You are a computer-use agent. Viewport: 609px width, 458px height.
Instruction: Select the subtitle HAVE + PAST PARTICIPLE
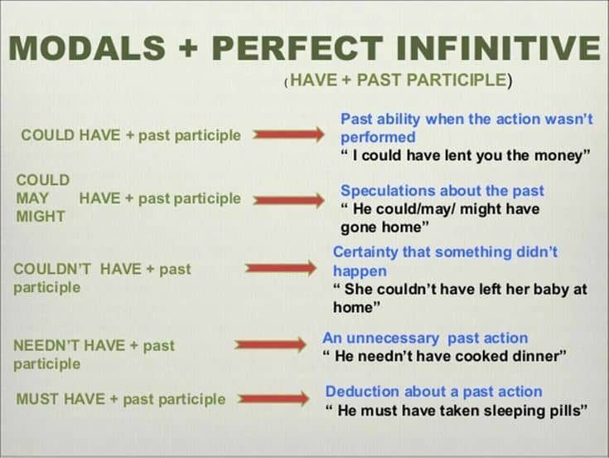(399, 80)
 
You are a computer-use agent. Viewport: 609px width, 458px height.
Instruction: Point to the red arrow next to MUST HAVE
(273, 399)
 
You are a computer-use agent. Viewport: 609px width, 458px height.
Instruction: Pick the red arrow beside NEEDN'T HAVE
(270, 345)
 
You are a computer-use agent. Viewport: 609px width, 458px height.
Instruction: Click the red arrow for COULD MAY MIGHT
(288, 200)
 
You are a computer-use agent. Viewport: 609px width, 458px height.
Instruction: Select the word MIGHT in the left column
(41, 217)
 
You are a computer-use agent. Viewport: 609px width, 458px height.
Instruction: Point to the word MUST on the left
(36, 399)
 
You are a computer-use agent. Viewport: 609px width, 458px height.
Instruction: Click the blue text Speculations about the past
(442, 191)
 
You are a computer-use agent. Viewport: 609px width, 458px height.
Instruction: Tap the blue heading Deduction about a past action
(433, 392)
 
